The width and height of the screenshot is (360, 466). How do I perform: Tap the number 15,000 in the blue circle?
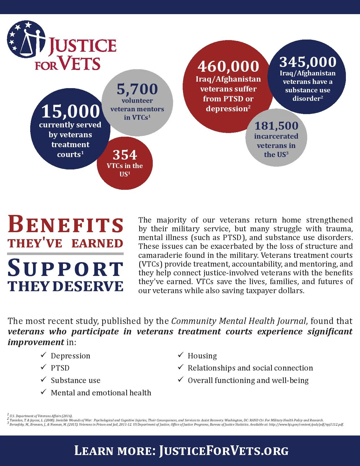tap(71, 111)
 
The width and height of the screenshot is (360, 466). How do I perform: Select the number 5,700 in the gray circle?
tap(137, 89)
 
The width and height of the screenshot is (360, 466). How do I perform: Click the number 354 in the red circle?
tap(125, 155)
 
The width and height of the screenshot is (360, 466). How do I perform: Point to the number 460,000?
tap(228, 67)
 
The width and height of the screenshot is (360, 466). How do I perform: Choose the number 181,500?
tap(276, 126)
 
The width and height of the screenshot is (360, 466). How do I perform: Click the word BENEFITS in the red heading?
tap(66, 224)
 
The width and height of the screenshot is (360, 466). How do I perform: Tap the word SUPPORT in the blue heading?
tap(65, 269)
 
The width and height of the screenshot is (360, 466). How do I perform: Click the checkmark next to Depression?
tap(43, 355)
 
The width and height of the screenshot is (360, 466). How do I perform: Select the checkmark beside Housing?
tap(181, 355)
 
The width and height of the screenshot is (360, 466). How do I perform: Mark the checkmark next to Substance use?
tap(43, 380)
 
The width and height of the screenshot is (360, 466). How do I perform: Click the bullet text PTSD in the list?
tap(60, 368)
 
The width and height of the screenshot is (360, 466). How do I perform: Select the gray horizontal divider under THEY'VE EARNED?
tap(65, 254)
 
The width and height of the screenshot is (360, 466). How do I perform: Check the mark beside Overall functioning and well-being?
tap(181, 380)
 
